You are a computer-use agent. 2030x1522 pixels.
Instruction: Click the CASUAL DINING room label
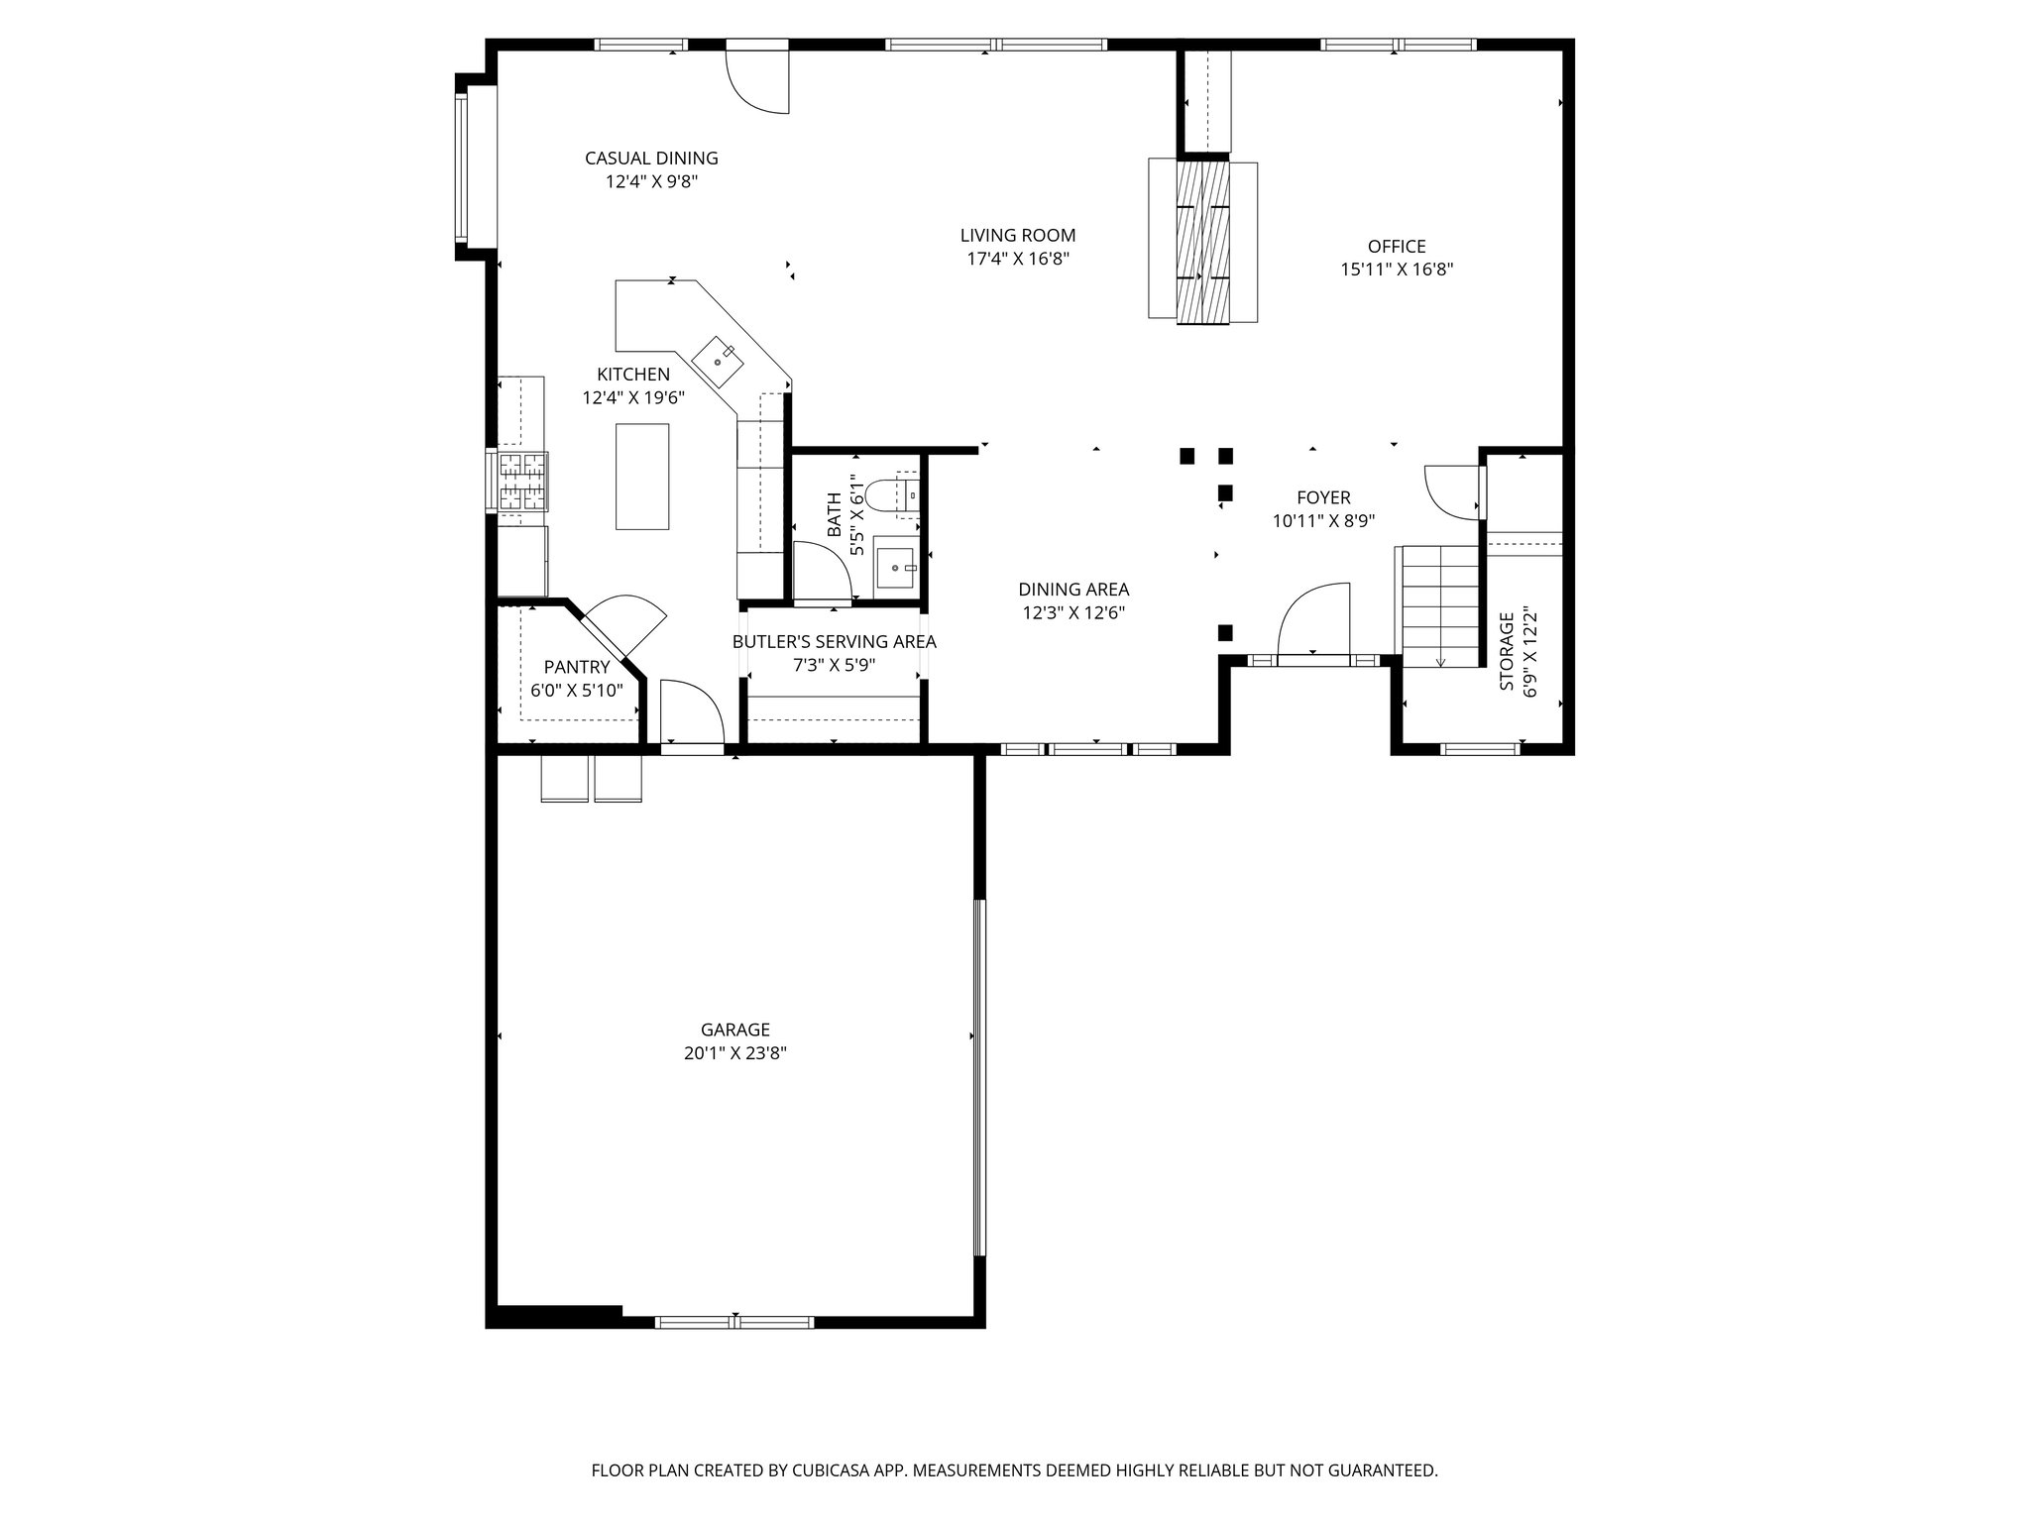coord(651,159)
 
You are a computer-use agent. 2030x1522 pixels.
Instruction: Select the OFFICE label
coord(1396,247)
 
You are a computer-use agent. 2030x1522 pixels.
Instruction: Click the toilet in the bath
coord(881,492)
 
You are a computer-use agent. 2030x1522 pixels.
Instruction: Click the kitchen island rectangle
coord(642,477)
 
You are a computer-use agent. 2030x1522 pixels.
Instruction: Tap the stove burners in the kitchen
coord(522,481)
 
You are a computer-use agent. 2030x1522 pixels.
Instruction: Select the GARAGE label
coord(734,1030)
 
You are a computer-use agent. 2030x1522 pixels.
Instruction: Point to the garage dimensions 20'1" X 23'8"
coord(734,1054)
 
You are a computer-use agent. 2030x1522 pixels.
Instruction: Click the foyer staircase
coord(1439,606)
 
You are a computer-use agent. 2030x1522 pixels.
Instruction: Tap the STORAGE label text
coord(1507,652)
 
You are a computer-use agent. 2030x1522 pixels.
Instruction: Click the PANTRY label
coord(576,668)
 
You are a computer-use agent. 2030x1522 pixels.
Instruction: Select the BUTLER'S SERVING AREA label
coord(834,642)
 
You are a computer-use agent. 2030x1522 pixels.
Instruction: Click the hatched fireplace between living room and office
coord(1203,241)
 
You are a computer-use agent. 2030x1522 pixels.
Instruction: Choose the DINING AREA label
coord(1073,590)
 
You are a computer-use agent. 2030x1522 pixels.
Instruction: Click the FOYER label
coord(1323,497)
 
